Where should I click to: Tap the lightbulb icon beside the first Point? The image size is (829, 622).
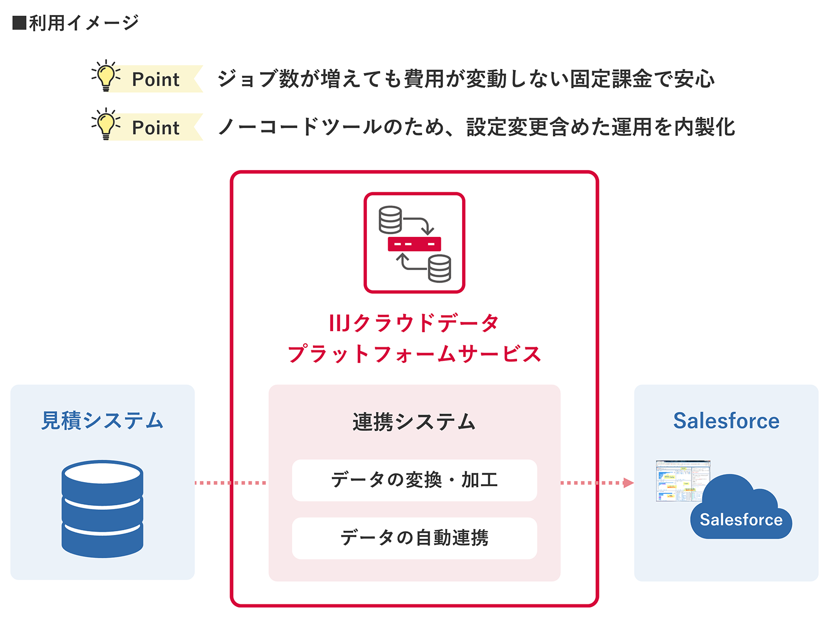[106, 76]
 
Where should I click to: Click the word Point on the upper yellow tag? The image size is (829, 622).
[155, 79]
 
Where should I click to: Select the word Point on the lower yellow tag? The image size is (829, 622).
[155, 128]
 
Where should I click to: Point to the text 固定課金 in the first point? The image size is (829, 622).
[611, 79]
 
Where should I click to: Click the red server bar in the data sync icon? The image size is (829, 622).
[414, 244]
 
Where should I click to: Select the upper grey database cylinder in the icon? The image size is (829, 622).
[390, 220]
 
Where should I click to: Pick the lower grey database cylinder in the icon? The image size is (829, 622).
[439, 268]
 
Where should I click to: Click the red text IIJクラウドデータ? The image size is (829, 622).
[414, 323]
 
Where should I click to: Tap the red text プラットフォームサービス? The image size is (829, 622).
[414, 355]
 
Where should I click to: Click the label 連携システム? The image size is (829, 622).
[414, 422]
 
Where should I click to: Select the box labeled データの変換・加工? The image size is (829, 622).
[414, 480]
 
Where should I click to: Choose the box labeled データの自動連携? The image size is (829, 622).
[414, 538]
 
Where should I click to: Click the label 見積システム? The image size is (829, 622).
[102, 420]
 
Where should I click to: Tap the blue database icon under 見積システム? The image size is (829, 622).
[102, 508]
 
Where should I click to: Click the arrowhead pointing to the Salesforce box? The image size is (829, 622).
[628, 483]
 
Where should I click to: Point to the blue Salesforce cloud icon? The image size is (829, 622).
[741, 511]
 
